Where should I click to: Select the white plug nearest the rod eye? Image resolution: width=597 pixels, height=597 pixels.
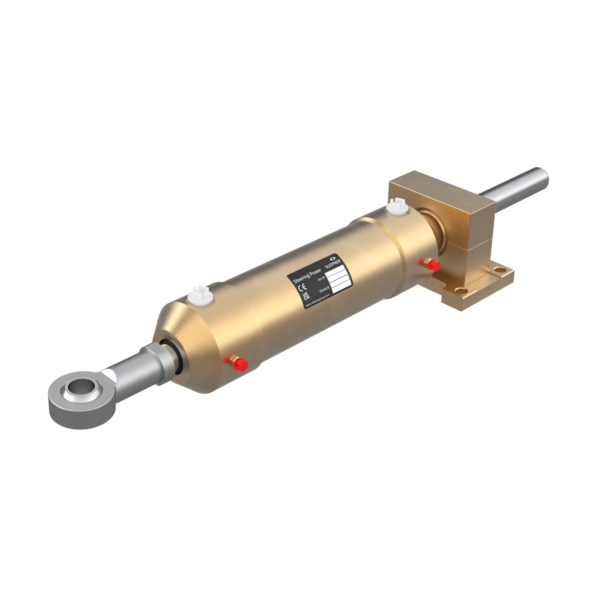(199, 295)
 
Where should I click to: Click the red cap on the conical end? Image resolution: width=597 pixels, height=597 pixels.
(241, 364)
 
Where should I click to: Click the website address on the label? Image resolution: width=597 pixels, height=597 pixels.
(319, 299)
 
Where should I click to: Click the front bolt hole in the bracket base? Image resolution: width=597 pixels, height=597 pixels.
(461, 290)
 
